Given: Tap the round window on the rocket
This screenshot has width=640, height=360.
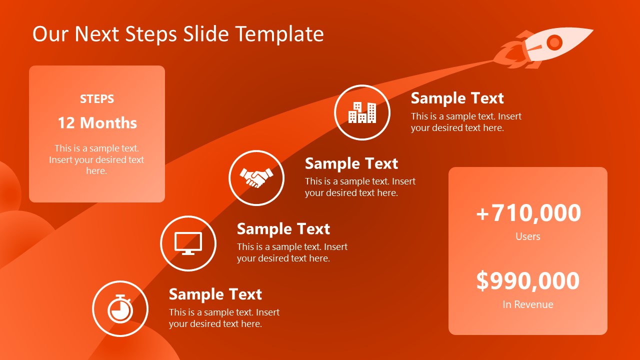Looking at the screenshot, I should pyautogui.click(x=554, y=43).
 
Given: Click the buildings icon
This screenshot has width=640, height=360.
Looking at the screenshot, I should pyautogui.click(x=362, y=112).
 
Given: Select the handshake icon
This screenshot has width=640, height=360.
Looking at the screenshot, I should pyautogui.click(x=256, y=178).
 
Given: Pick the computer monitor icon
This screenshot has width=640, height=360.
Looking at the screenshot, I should pyautogui.click(x=188, y=243).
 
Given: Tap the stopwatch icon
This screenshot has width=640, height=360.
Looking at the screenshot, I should pyautogui.click(x=120, y=308).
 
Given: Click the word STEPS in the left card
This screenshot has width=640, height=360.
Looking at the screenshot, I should pyautogui.click(x=97, y=99).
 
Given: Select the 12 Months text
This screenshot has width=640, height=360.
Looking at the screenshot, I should pyautogui.click(x=97, y=123).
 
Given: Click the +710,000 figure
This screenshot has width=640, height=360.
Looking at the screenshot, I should pyautogui.click(x=528, y=213).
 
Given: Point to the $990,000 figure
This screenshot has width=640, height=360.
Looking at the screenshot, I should pyautogui.click(x=528, y=281).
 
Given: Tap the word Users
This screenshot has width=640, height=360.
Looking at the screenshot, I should pyautogui.click(x=528, y=236).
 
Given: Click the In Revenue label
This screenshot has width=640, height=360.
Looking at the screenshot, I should pyautogui.click(x=528, y=304).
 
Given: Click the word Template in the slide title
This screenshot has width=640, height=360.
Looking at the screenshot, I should pyautogui.click(x=279, y=34).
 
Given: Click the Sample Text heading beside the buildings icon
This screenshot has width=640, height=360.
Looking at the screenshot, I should pyautogui.click(x=457, y=98).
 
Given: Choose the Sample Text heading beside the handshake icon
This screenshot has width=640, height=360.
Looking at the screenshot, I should pyautogui.click(x=351, y=163).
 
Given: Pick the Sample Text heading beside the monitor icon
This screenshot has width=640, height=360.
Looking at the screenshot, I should pyautogui.click(x=283, y=229).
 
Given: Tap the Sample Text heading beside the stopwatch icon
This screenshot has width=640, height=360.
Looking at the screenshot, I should pyautogui.click(x=215, y=294).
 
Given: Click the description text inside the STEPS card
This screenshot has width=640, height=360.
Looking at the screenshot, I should pyautogui.click(x=96, y=159).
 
